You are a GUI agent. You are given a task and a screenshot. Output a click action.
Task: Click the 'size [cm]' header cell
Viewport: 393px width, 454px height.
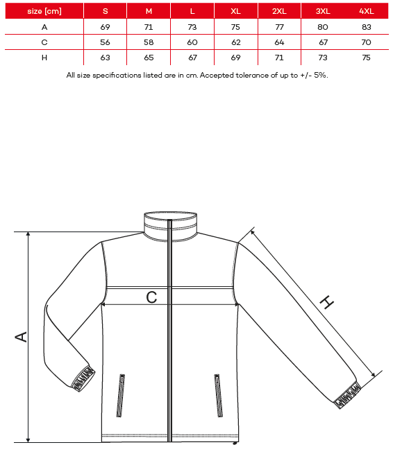point(44,11)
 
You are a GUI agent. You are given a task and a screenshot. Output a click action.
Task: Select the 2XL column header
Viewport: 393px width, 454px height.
point(279,11)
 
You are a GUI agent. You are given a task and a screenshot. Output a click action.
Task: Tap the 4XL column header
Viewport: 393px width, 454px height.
point(367,11)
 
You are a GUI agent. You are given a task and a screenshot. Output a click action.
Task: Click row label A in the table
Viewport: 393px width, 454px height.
point(44,27)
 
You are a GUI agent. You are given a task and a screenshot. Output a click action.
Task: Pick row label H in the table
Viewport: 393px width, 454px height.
point(44,58)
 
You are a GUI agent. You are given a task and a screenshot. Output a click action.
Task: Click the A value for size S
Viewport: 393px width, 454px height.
point(105,27)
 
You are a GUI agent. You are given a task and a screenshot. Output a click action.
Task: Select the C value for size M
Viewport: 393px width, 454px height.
point(149,42)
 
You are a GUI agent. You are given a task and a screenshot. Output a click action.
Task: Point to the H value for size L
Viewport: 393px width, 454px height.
point(192,58)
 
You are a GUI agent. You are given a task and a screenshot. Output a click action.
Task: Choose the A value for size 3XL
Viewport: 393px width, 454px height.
point(323,27)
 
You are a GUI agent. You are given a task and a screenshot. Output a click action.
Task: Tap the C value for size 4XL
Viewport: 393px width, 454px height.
point(367,42)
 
